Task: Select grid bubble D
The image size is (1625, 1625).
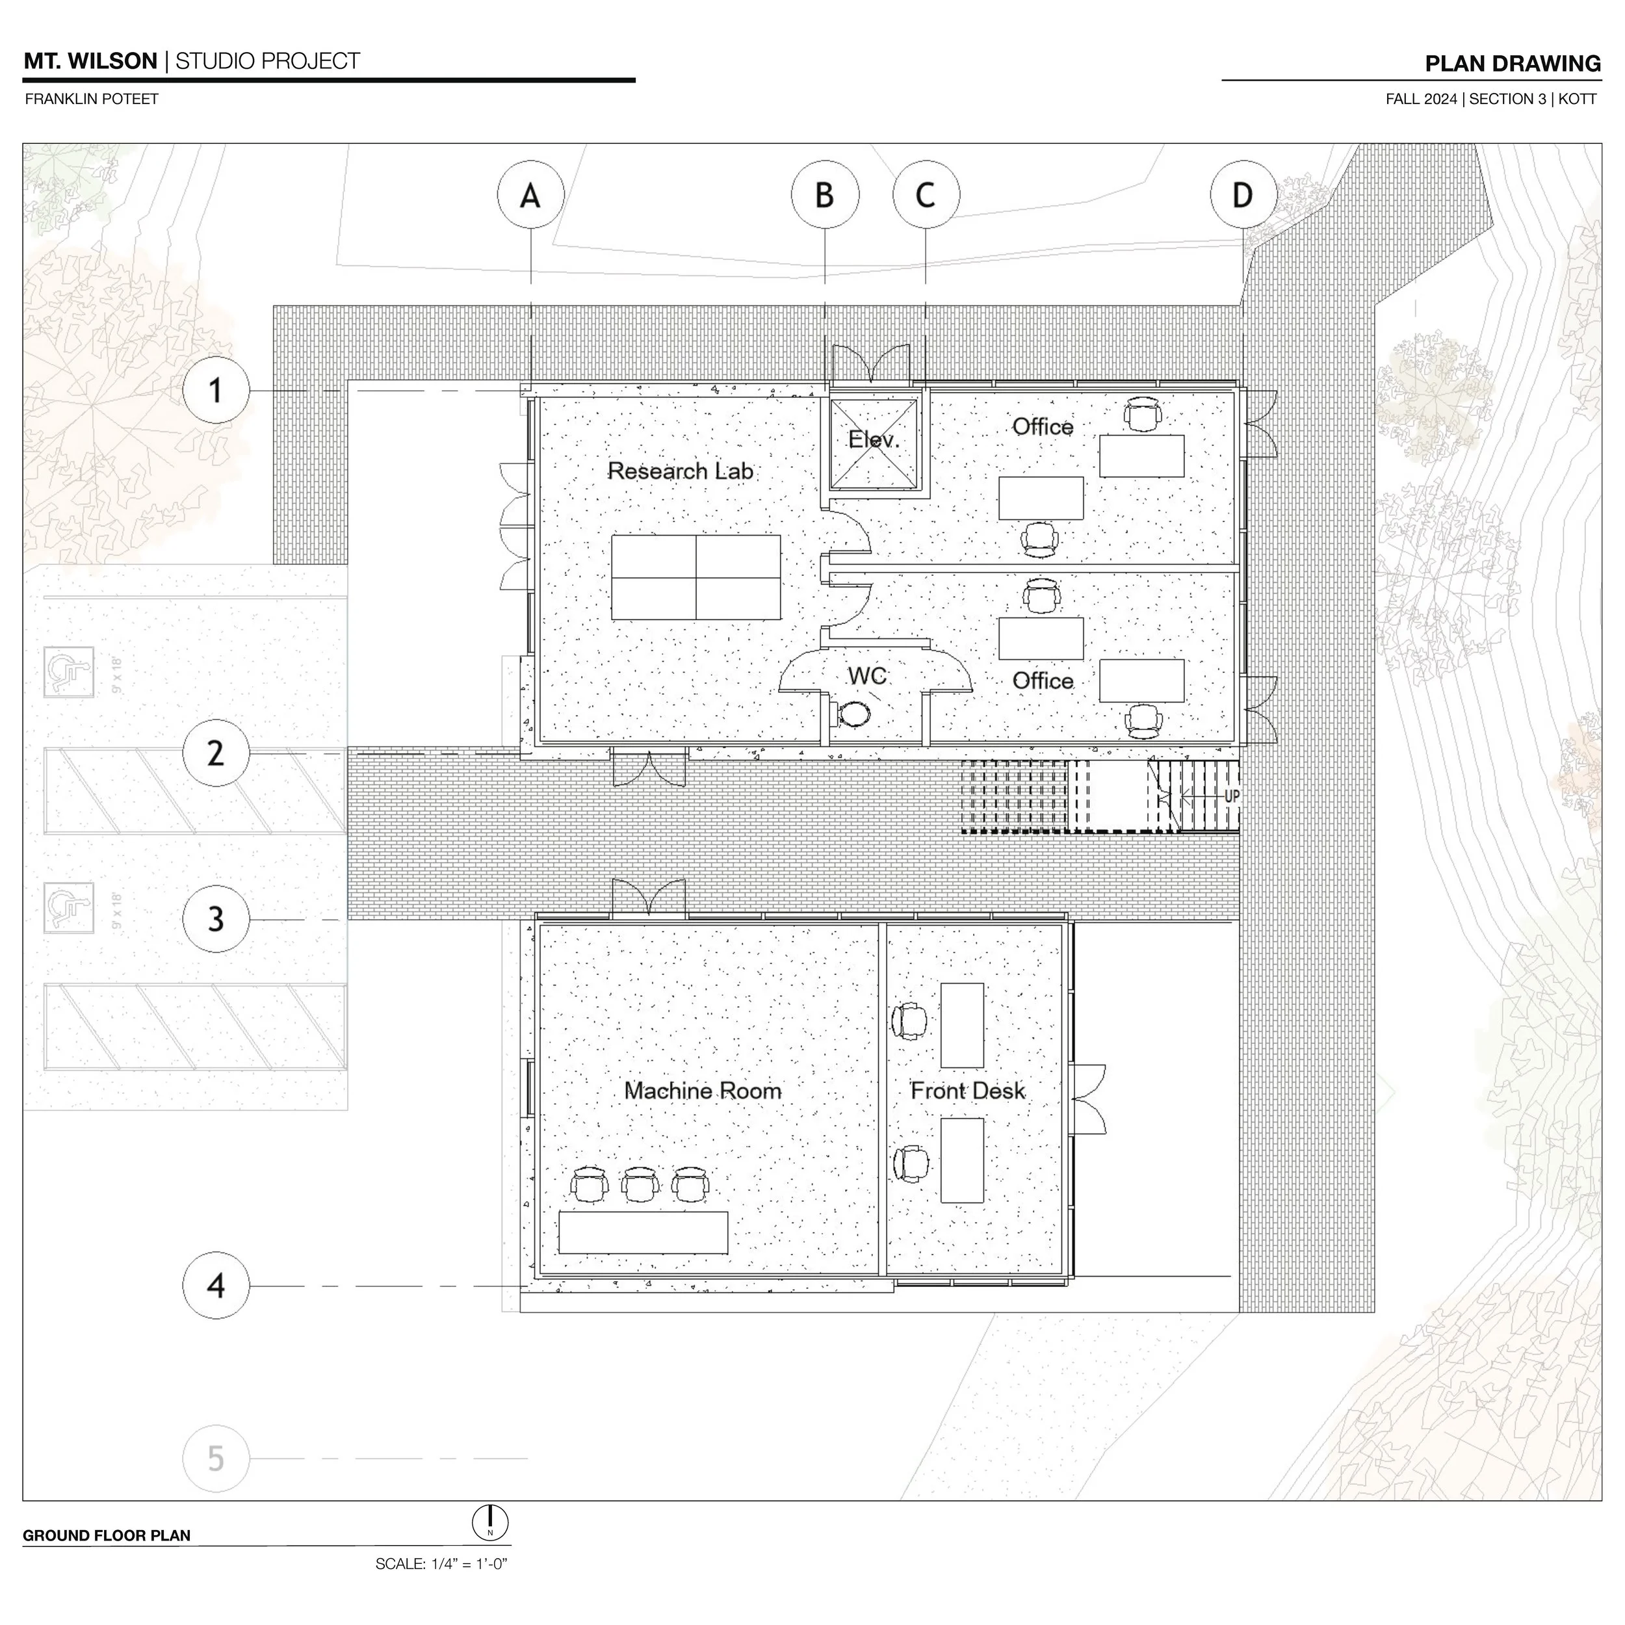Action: point(1243,195)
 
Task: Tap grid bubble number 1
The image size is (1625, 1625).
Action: point(216,390)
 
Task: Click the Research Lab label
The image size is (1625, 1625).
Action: point(681,471)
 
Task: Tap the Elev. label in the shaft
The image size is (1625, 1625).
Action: point(874,439)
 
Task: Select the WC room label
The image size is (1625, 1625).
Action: point(867,675)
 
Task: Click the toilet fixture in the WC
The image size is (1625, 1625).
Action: point(853,715)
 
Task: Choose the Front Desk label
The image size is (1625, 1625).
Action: point(968,1091)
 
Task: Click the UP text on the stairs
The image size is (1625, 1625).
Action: point(1230,796)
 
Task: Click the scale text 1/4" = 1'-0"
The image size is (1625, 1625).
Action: point(441,1564)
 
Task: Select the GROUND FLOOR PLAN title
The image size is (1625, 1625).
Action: point(107,1535)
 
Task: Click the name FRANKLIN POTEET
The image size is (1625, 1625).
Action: point(92,98)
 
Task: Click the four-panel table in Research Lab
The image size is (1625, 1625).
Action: point(695,577)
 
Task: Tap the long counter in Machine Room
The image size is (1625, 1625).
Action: point(643,1232)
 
